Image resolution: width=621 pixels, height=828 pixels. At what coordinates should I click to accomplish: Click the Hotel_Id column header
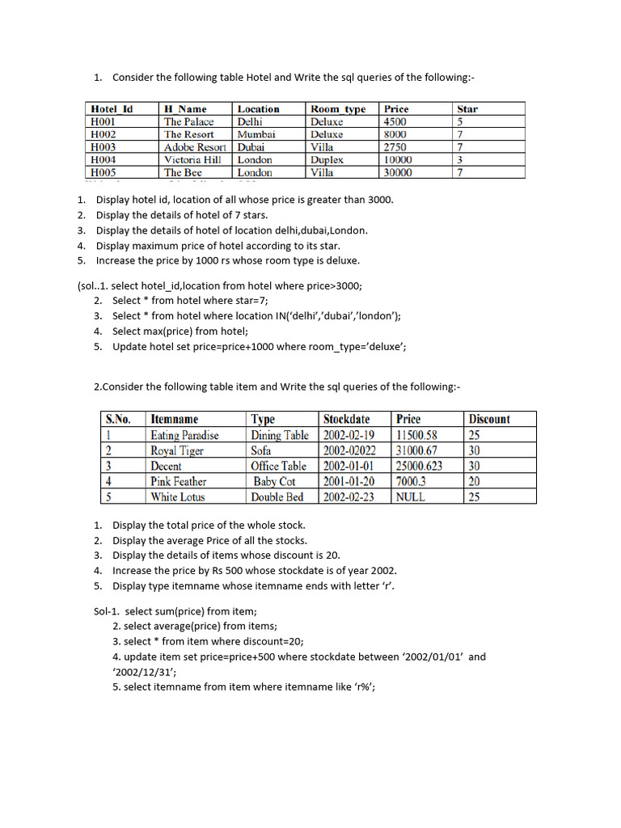[x=112, y=108]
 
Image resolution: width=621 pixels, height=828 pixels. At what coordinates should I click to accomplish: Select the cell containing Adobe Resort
[x=195, y=147]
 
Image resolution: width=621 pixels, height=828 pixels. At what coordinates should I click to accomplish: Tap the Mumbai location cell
[x=256, y=134]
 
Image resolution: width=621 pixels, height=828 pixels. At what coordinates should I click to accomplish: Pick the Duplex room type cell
[x=327, y=160]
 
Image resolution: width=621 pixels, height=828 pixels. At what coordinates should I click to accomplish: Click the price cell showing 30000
[x=398, y=172]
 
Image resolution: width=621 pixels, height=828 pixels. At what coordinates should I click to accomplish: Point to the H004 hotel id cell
[x=103, y=160]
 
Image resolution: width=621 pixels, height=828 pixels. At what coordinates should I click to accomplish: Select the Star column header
[x=467, y=108]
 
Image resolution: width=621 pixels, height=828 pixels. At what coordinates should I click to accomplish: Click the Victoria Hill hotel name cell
[x=192, y=160]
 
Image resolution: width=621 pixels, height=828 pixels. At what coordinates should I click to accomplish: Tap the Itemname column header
[x=175, y=419]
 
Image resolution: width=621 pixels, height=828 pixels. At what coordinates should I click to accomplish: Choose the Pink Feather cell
[x=179, y=481]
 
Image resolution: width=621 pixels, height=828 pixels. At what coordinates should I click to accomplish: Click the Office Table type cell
[x=279, y=466]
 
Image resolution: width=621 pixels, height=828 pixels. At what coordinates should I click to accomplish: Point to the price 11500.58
[x=416, y=435]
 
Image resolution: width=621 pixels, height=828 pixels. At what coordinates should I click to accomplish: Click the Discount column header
[x=489, y=419]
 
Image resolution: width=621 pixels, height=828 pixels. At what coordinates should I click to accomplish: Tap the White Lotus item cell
[x=178, y=496]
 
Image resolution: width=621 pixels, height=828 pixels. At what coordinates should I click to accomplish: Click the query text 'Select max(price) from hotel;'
[x=180, y=331]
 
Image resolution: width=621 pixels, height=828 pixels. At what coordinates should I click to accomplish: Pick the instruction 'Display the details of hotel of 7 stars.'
[x=192, y=214]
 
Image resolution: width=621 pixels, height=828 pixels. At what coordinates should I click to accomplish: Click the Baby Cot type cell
[x=275, y=481]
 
